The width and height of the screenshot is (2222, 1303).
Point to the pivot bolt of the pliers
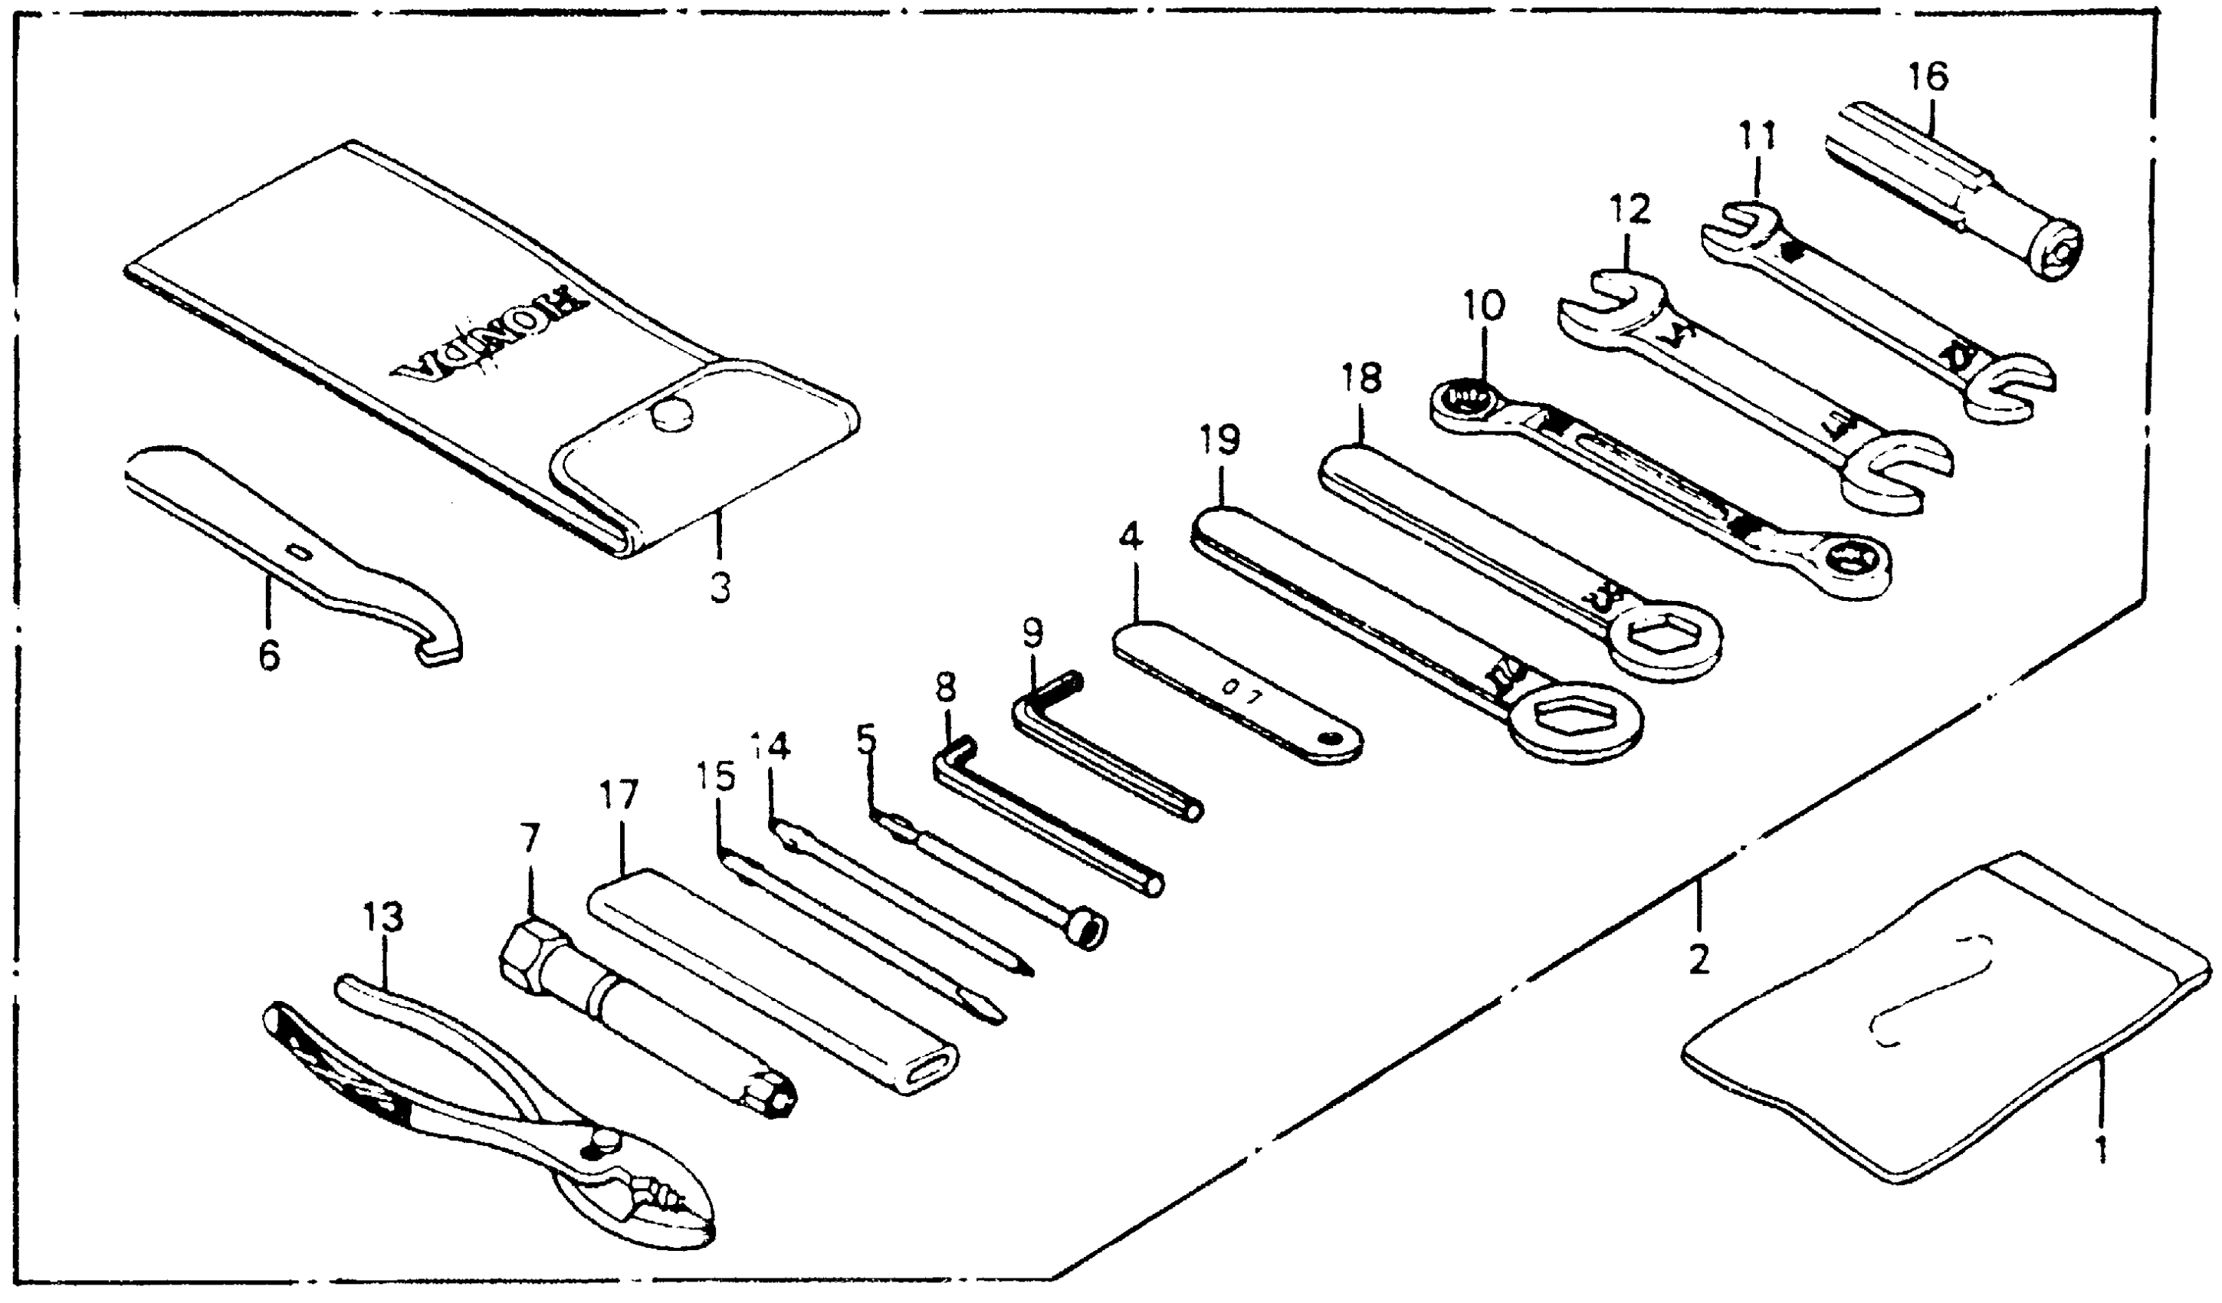(x=602, y=1140)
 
